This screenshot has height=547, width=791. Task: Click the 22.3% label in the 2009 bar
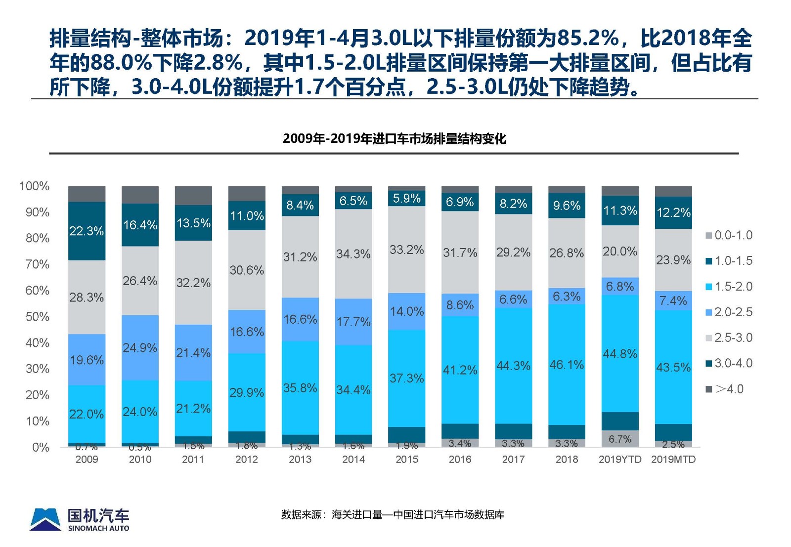87,231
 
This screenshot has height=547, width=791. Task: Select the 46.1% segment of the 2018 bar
567,365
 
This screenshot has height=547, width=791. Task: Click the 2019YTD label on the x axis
620,460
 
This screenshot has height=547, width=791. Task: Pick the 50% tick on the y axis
38,317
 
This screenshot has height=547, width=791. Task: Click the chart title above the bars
394,139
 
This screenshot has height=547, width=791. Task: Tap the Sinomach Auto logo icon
45,519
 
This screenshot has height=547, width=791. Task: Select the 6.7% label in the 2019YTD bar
620,439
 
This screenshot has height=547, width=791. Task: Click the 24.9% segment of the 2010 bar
140,348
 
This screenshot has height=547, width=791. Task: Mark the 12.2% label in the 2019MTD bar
673,212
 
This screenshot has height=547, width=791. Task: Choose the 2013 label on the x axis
300,460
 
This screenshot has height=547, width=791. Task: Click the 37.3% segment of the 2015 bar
406,379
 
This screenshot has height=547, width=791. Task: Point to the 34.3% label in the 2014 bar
353,254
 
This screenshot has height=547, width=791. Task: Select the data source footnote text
393,515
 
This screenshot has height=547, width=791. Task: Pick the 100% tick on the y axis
35,186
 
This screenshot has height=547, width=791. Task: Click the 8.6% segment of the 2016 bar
460,305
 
